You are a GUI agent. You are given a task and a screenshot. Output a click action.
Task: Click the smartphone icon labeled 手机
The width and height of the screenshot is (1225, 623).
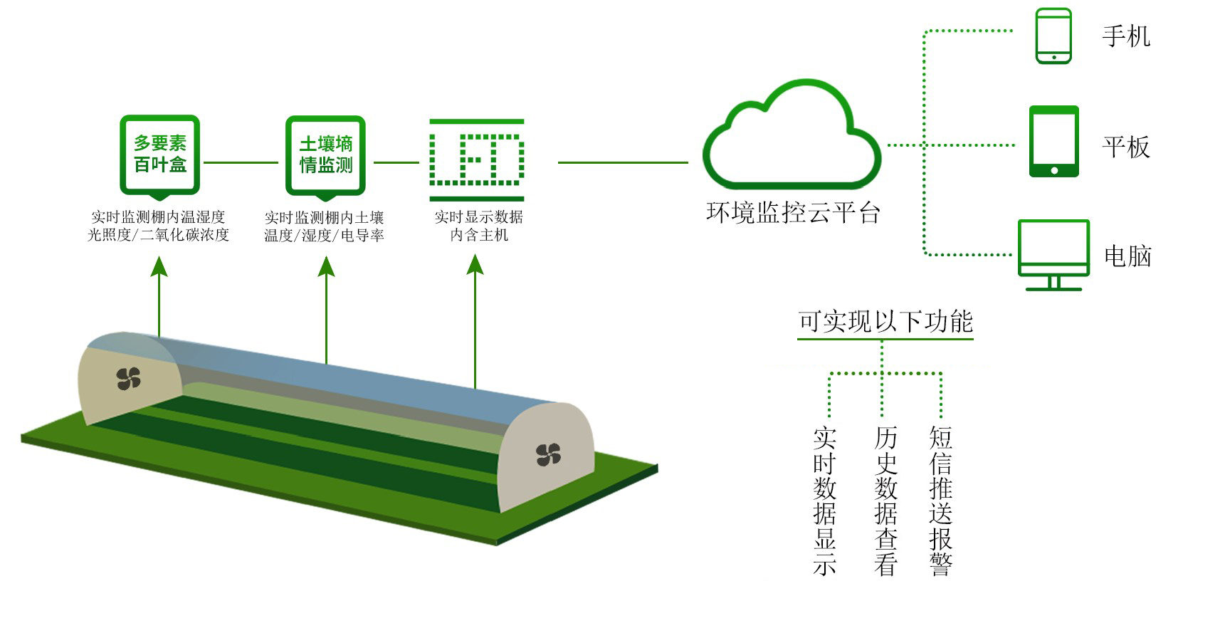(x=1053, y=36)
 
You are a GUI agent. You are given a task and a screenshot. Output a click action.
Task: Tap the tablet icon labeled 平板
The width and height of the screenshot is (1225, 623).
(x=1054, y=142)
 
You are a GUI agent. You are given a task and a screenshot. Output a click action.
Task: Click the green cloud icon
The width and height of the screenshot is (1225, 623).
(x=792, y=139)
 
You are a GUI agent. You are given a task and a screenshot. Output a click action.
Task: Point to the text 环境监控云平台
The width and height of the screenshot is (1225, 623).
(x=793, y=213)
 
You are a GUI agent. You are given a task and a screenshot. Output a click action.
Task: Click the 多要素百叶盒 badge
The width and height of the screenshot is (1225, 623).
(x=159, y=155)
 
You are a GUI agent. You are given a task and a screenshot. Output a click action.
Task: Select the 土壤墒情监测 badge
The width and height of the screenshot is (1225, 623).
(x=325, y=155)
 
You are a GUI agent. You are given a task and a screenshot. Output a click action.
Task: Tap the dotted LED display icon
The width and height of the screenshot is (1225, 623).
(x=477, y=159)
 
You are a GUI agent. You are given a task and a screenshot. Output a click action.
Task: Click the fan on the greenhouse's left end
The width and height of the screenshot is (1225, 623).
(x=129, y=379)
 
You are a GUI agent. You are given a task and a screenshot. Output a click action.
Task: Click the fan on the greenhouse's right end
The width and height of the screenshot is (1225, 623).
(x=548, y=454)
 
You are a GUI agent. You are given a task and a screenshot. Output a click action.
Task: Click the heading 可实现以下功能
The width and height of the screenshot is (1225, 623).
(x=885, y=322)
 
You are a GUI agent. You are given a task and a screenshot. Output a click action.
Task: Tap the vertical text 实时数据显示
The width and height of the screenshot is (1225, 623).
(x=824, y=501)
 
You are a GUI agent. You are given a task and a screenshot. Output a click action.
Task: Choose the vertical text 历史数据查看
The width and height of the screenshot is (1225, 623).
(x=885, y=501)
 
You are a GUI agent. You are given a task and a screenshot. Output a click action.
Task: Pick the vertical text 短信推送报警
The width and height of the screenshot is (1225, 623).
(x=940, y=501)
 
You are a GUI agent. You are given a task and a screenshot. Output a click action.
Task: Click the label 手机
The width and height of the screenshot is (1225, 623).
(x=1125, y=36)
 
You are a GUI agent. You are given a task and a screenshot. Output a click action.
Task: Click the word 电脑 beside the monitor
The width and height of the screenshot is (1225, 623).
(x=1127, y=256)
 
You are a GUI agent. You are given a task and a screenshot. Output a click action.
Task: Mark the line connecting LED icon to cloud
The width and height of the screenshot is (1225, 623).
(x=623, y=162)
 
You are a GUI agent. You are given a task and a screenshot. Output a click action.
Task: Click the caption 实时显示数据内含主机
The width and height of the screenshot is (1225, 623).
(x=478, y=226)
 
